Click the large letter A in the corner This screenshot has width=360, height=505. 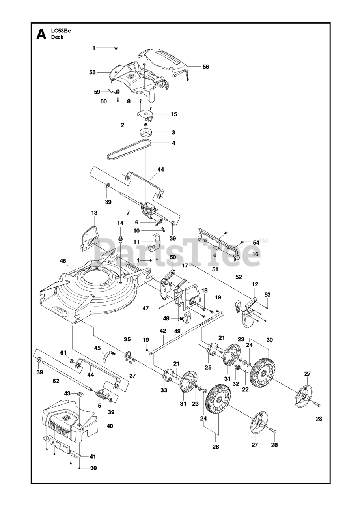coord(41,34)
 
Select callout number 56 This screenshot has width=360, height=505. coord(205,67)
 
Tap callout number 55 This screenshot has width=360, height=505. coord(92,72)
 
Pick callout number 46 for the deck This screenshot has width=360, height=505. coord(63,261)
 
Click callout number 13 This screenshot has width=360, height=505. coord(94,213)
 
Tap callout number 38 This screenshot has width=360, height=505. coord(93,468)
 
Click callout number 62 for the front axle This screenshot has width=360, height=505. coord(56,381)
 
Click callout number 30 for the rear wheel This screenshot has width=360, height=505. coord(269,340)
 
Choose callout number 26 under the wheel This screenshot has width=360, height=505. coord(216,447)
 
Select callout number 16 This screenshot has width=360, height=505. coord(255,254)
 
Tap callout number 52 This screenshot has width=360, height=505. coord(239,277)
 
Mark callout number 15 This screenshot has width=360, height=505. coord(173,114)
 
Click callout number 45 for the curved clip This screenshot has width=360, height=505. coord(97,348)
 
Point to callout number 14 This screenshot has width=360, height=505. coord(120,223)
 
